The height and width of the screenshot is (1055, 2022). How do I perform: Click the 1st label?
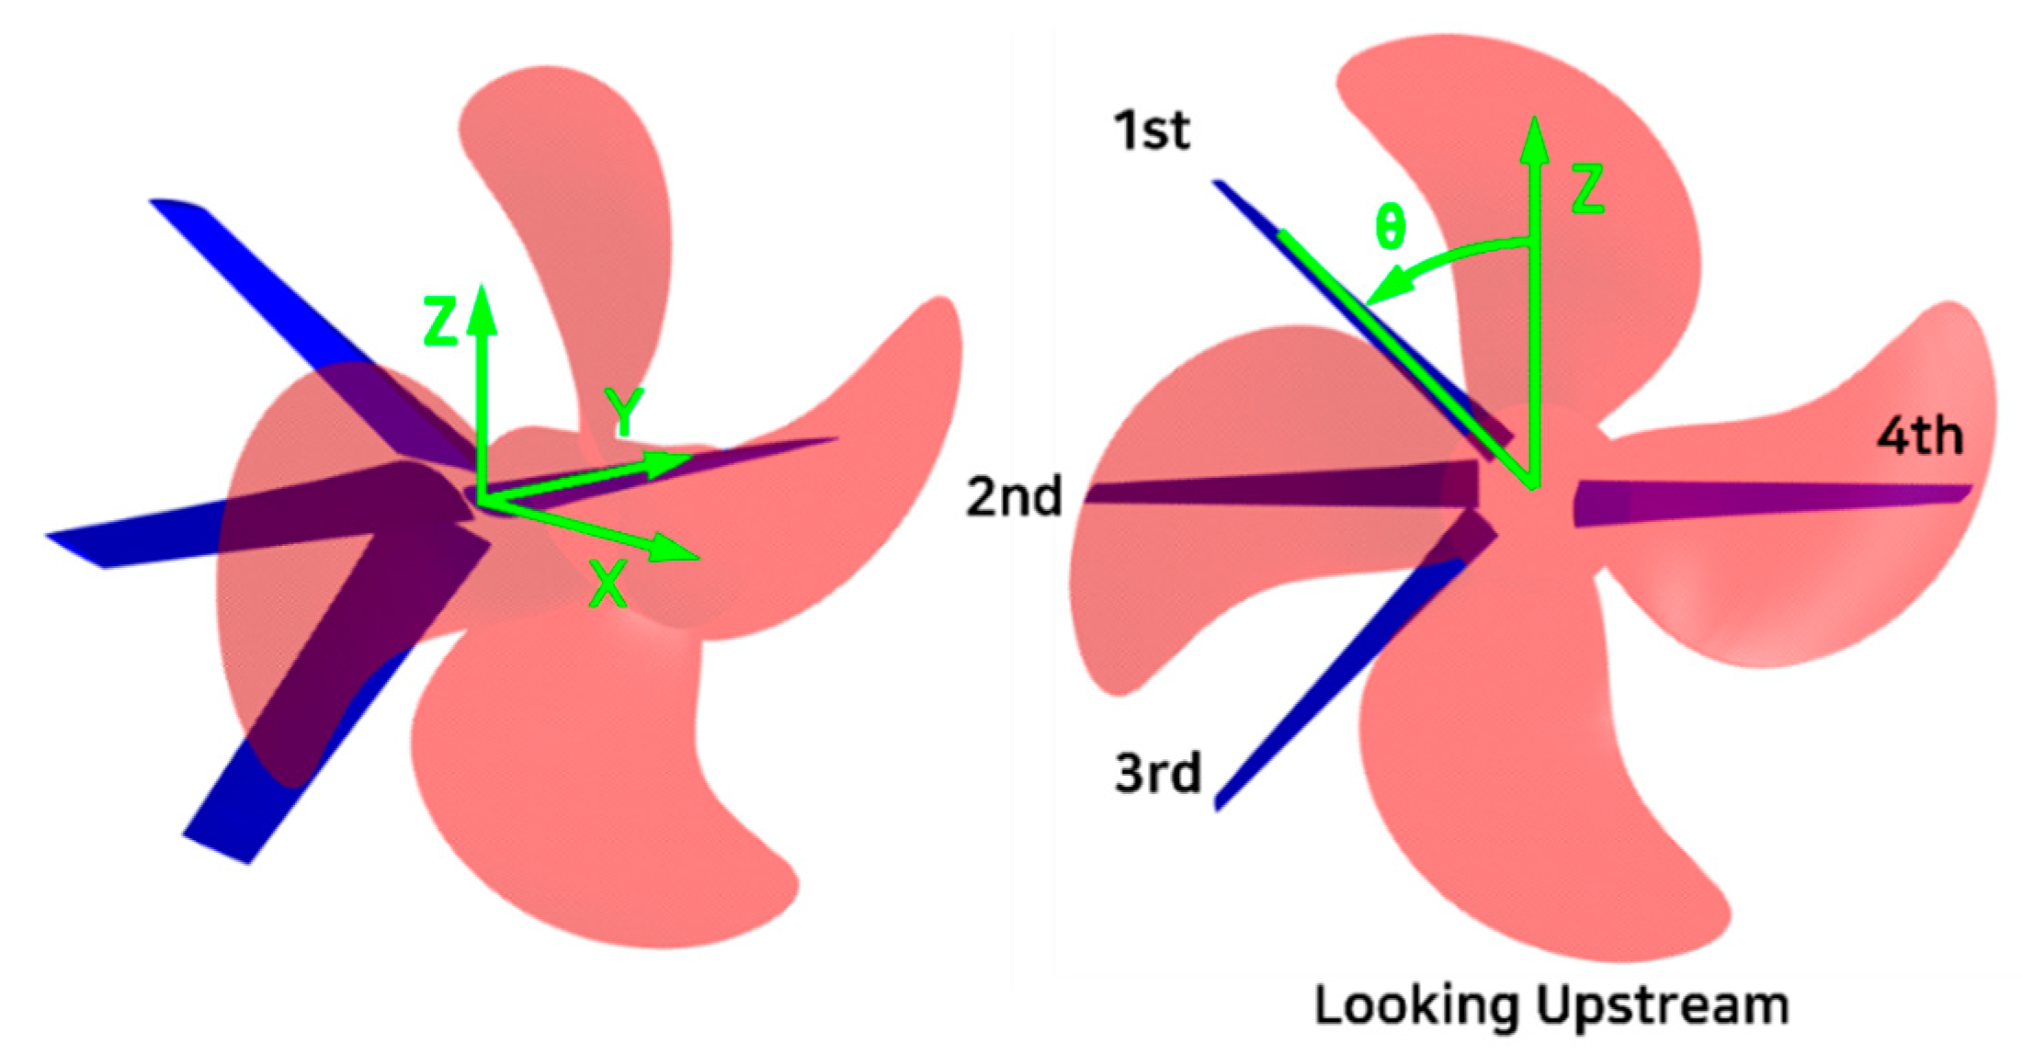[1152, 130]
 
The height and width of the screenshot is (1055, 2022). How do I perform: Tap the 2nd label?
[1014, 496]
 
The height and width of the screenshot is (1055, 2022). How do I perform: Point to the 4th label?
[1920, 436]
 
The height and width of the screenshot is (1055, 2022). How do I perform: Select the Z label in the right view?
[1587, 189]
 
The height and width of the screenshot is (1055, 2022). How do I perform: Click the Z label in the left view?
[440, 321]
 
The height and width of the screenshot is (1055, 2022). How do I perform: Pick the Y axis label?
[624, 411]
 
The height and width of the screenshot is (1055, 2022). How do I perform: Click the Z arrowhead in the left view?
[481, 308]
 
